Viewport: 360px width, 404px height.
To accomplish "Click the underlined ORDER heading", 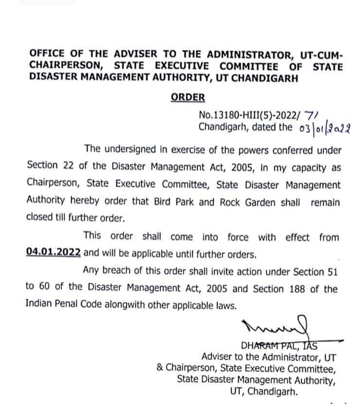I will click(x=188, y=97).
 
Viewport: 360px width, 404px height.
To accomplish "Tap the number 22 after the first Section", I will click(x=67, y=165).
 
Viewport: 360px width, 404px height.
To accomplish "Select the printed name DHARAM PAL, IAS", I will click(x=279, y=347).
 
